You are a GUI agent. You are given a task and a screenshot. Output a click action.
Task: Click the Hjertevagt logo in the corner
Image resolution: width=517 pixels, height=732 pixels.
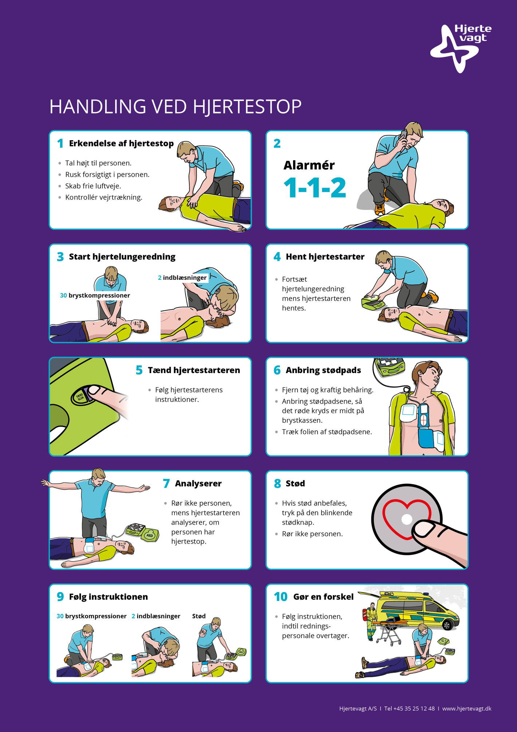click(461, 48)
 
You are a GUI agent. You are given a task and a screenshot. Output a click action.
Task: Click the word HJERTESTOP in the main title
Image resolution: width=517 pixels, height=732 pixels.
click(247, 107)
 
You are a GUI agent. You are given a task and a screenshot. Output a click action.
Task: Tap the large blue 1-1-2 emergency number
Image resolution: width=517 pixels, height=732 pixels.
click(315, 188)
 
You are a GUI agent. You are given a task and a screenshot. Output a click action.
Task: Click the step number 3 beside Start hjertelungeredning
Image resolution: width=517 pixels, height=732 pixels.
click(60, 257)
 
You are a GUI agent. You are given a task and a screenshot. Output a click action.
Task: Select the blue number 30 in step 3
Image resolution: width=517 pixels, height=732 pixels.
click(63, 295)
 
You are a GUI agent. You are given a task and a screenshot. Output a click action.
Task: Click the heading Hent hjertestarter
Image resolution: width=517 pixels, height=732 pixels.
click(325, 257)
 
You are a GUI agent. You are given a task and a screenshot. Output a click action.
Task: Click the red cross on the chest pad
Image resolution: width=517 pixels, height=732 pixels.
click(423, 420)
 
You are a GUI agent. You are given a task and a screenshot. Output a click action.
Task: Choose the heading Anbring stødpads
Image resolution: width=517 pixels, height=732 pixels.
click(323, 371)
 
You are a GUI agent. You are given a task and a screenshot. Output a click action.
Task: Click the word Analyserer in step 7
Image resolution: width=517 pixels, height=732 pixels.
click(198, 484)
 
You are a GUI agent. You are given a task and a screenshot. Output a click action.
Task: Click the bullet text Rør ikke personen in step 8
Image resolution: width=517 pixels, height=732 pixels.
click(312, 534)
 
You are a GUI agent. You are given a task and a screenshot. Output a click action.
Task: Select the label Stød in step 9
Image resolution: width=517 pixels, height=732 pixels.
click(199, 616)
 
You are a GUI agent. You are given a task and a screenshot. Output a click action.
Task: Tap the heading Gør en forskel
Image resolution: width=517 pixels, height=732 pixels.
click(323, 597)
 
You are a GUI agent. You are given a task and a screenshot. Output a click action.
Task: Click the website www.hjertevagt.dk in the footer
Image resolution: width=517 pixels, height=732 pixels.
click(467, 709)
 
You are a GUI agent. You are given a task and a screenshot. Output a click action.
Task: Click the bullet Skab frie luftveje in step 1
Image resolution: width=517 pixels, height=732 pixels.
click(93, 186)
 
